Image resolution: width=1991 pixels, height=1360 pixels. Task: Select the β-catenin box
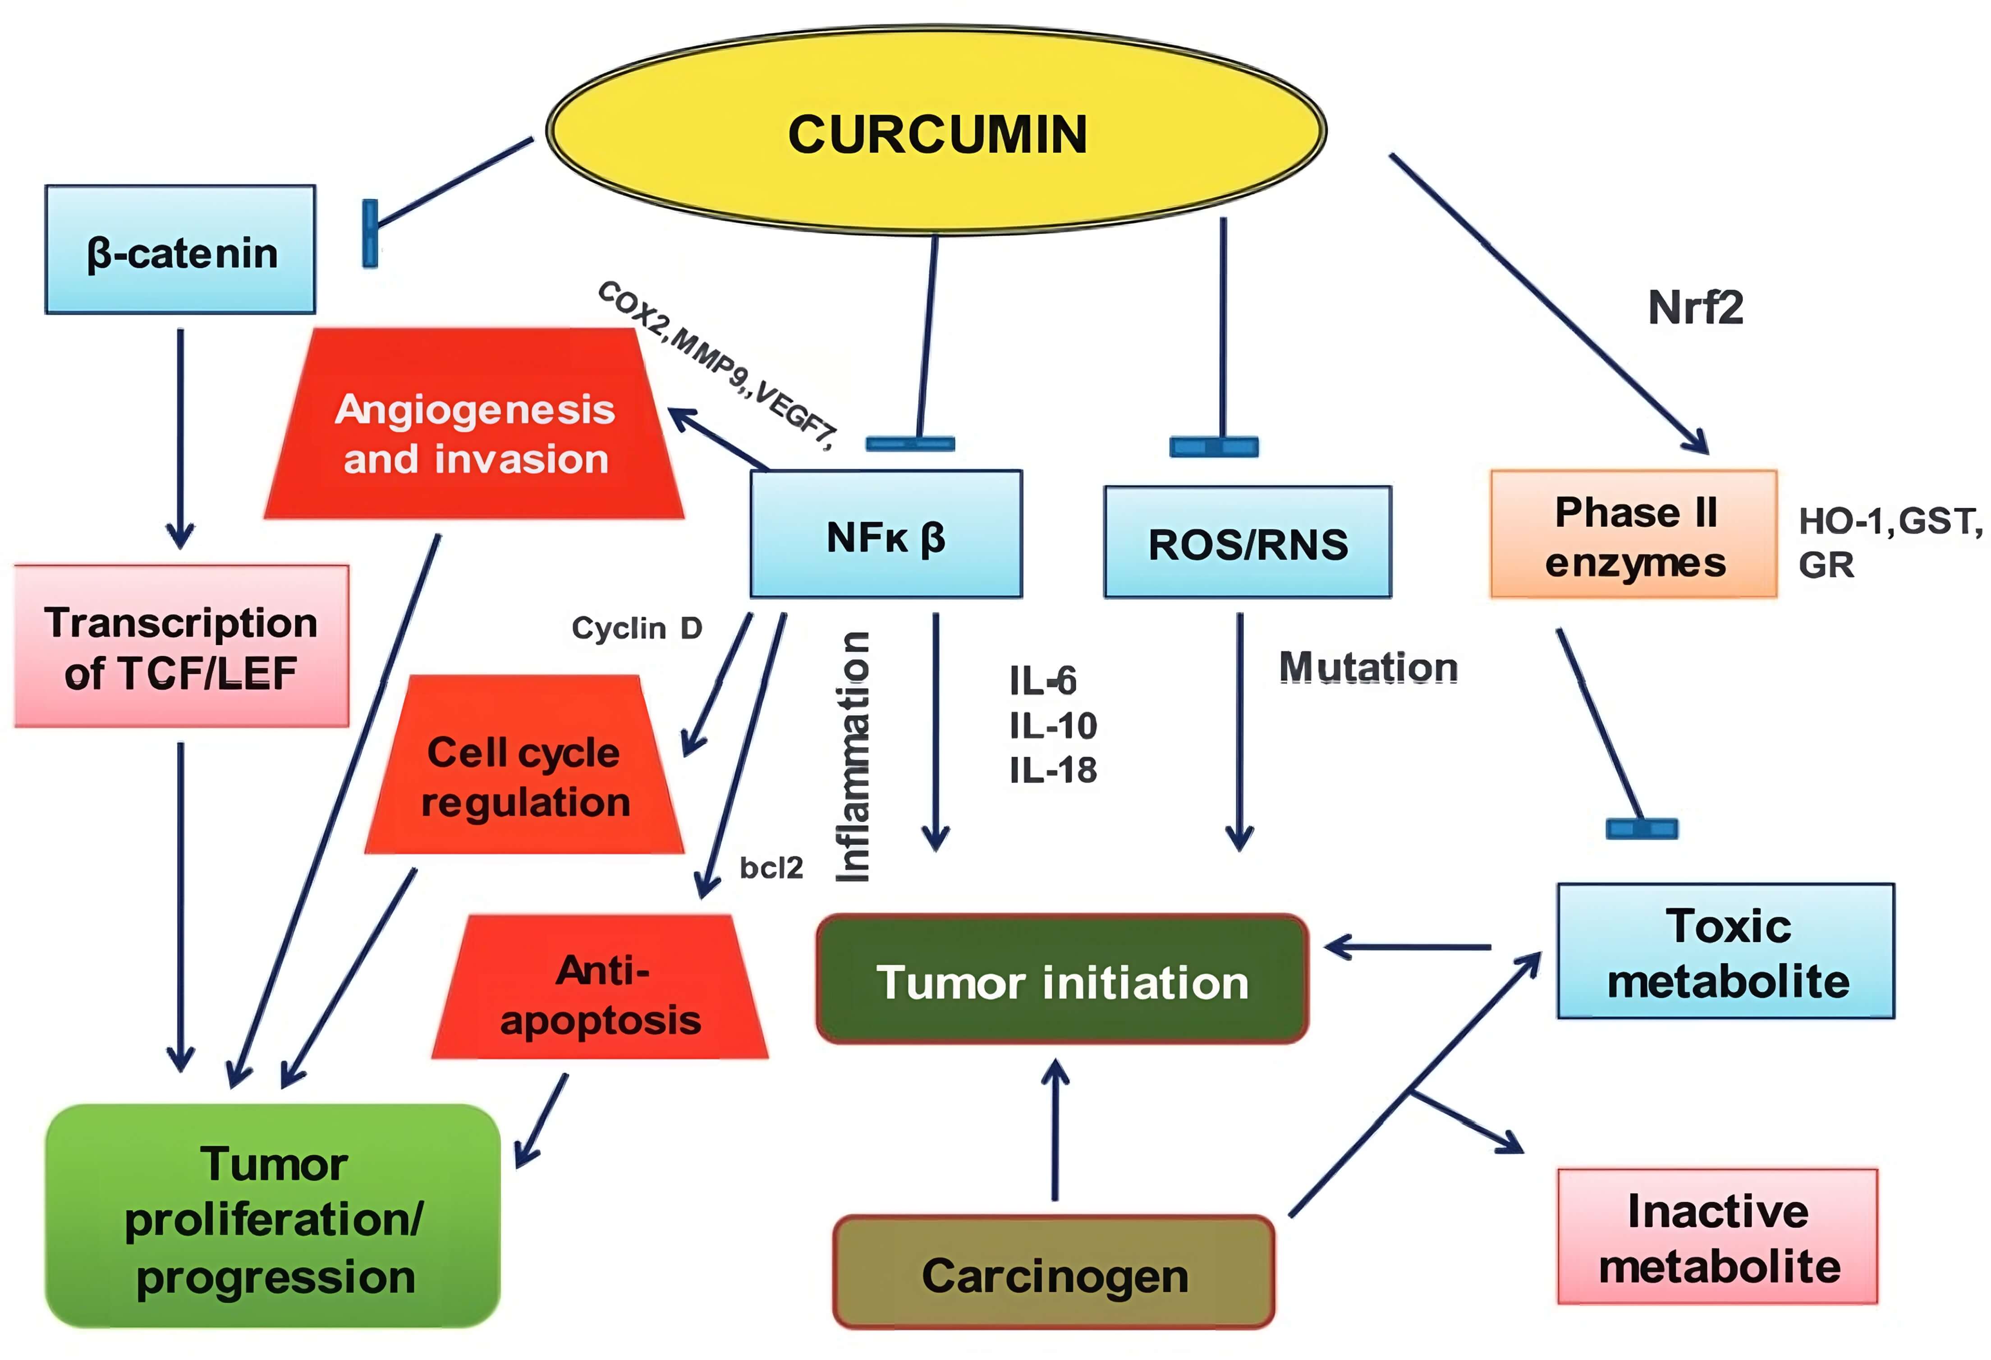181,250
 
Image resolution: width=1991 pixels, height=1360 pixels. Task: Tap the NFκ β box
886,534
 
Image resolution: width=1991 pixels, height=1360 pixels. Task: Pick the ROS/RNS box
1248,542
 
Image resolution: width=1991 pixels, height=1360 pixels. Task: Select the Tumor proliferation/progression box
273,1218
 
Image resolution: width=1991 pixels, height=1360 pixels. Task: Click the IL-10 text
1053,726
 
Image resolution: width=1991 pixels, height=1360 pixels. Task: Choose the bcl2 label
771,868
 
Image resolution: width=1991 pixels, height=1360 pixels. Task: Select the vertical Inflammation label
853,757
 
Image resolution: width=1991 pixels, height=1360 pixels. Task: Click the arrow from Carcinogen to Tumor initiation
1055,1131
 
